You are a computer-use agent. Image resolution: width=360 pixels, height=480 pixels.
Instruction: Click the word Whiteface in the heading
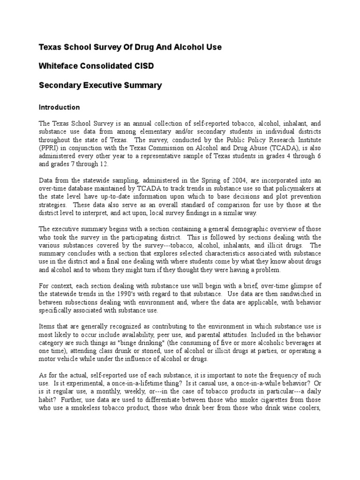[x=57, y=66]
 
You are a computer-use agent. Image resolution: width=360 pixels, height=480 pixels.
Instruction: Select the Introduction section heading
[x=59, y=107]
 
